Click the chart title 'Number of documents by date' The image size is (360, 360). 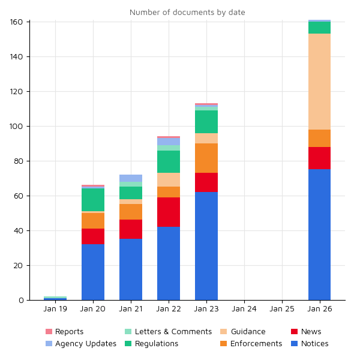coord(187,13)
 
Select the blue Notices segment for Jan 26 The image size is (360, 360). coord(319,235)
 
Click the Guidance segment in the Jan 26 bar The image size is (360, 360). coord(319,82)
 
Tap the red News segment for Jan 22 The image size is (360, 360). coord(169,212)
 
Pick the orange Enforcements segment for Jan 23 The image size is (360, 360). coord(206,158)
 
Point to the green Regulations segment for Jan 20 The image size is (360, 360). coord(93,200)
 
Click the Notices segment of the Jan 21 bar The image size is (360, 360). coord(131,269)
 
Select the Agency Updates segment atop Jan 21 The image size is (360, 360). coord(131,178)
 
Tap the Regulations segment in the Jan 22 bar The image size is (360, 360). coord(169,162)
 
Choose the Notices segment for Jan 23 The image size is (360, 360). coord(206,246)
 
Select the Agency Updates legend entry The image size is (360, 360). coord(80,344)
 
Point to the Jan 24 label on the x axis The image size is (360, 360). coord(244,309)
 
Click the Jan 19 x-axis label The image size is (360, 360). coord(55,309)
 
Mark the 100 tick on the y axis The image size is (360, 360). coord(17,127)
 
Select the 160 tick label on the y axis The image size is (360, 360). coord(17,22)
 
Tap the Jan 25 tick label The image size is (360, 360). coord(282,309)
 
